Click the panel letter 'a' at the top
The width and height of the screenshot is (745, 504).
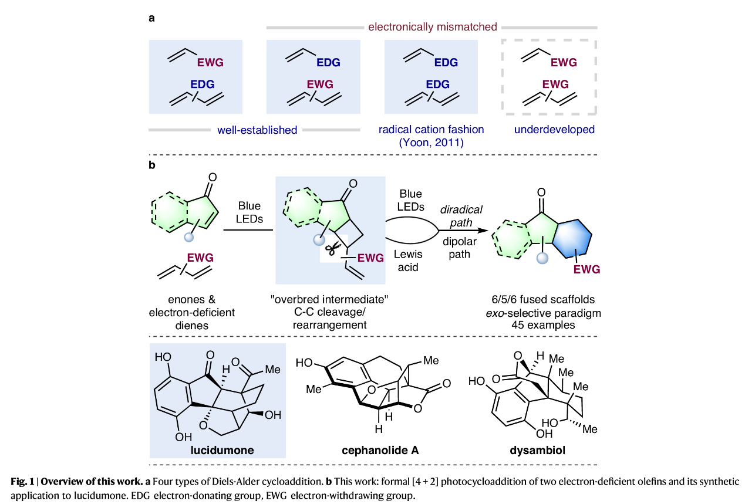click(x=152, y=18)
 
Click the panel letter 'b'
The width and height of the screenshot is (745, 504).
click(x=152, y=166)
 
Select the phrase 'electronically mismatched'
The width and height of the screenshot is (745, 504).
click(x=433, y=27)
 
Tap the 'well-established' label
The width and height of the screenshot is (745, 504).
click(x=257, y=130)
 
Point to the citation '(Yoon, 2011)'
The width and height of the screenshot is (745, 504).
click(x=430, y=141)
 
